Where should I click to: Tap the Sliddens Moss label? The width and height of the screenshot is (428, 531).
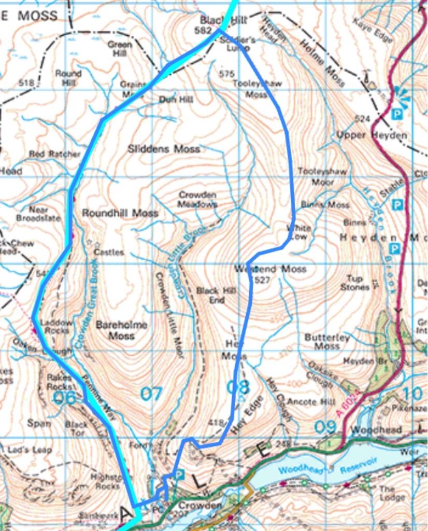coord(164,149)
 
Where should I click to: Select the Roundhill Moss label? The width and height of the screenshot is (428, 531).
coord(120,213)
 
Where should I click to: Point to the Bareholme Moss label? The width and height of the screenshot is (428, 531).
coord(122,330)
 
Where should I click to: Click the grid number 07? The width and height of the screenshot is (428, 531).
coord(151,395)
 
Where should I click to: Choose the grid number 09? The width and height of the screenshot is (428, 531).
coord(326,427)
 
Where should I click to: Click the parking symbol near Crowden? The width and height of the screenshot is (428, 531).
coord(180,474)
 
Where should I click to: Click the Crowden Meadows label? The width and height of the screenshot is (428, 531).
coord(197,199)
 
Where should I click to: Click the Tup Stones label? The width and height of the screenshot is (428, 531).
coord(355,283)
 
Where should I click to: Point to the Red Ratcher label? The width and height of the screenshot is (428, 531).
coord(54,154)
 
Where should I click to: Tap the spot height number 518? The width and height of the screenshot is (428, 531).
coord(25,83)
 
